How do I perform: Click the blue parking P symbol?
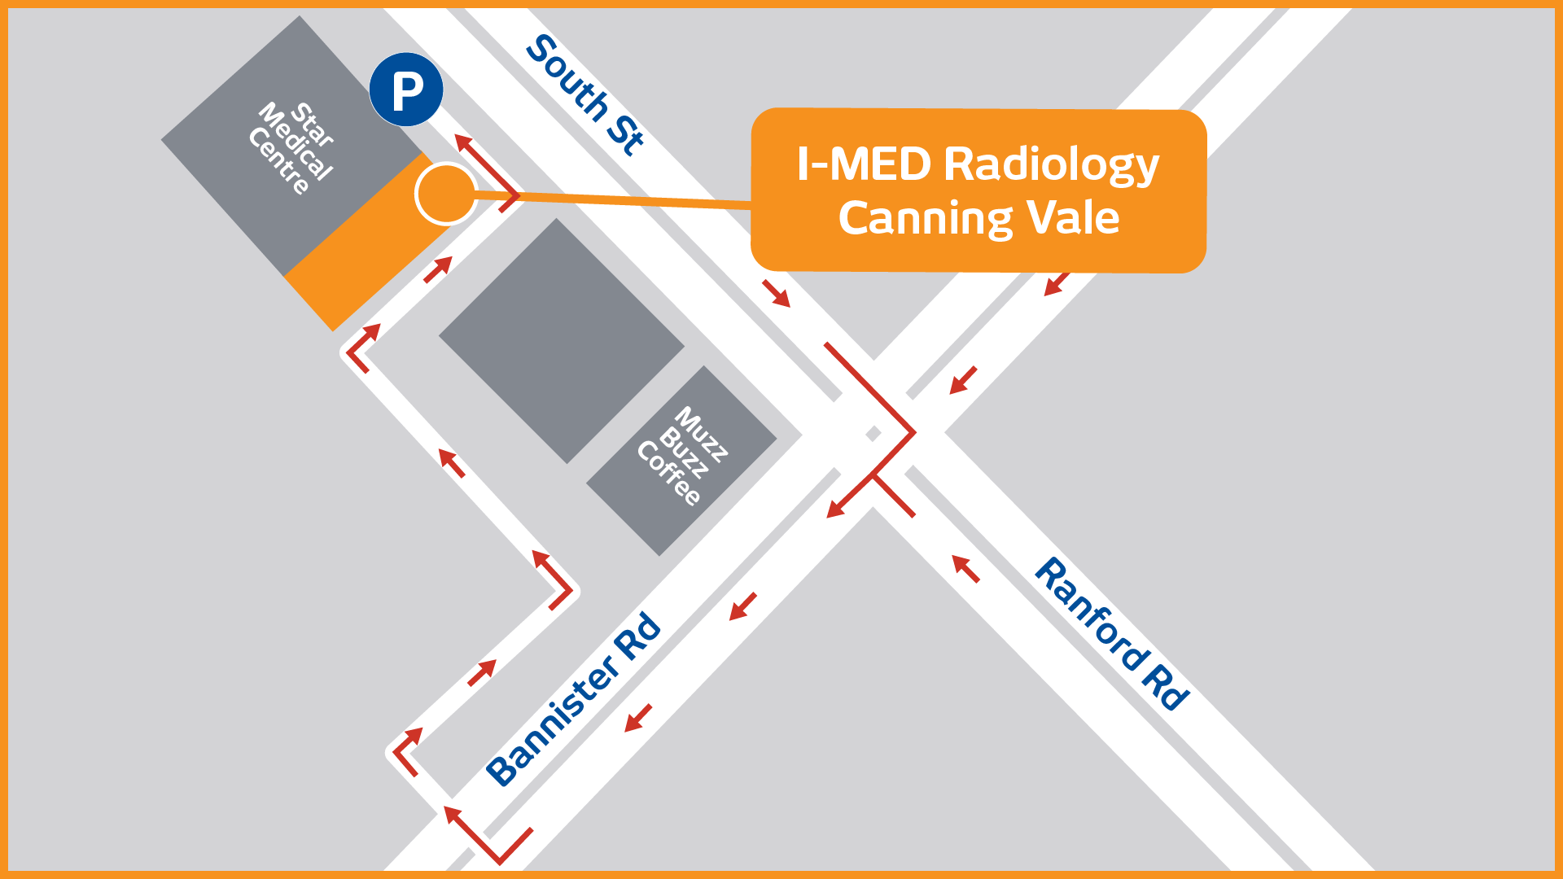[x=406, y=90]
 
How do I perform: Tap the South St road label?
[x=585, y=94]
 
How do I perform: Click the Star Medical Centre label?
[x=292, y=147]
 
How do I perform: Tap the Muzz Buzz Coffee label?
[x=682, y=456]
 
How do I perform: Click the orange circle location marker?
[x=445, y=194]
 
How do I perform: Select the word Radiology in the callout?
[x=1051, y=165]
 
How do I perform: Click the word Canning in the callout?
[x=925, y=218]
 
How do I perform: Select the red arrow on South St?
[x=777, y=294]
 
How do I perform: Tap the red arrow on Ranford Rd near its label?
[x=965, y=568]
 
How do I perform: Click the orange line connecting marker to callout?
[x=611, y=199]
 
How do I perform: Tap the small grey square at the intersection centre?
[x=873, y=434]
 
